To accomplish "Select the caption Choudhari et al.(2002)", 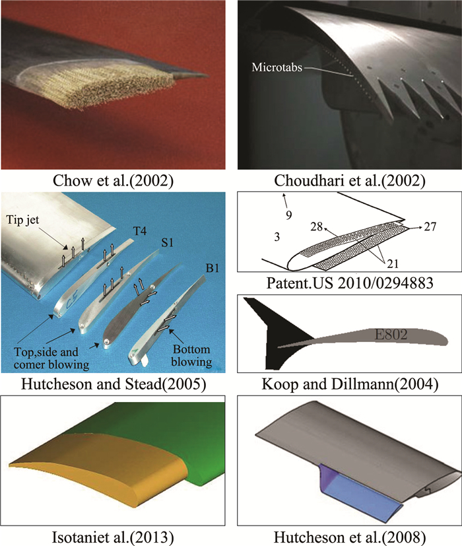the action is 346,180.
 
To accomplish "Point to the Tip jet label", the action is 26,220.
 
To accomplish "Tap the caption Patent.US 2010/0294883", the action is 346,284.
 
